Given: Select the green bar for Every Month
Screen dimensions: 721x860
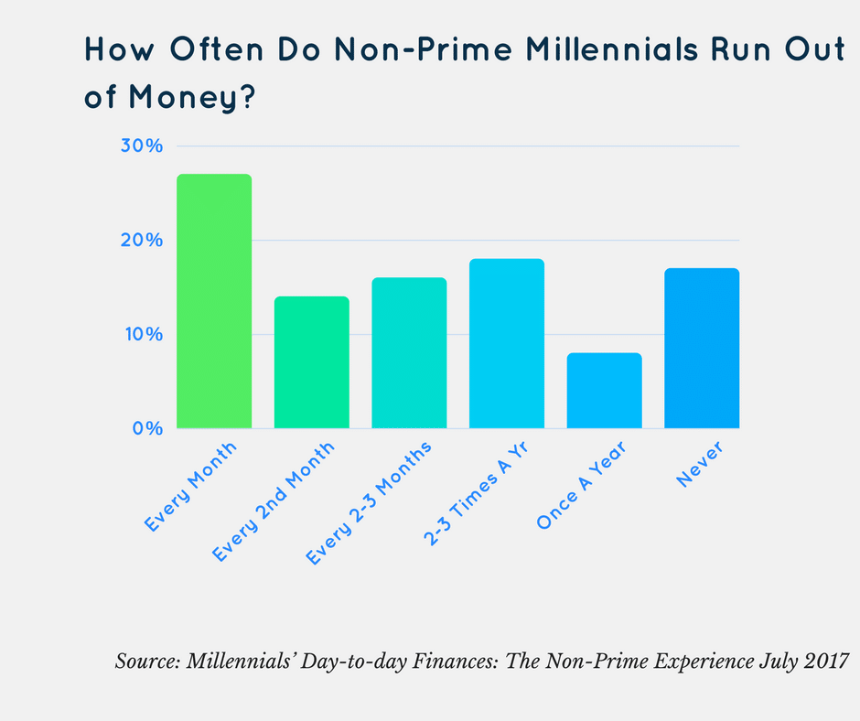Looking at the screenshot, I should click(213, 301).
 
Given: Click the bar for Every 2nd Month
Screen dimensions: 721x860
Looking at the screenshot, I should click(311, 362).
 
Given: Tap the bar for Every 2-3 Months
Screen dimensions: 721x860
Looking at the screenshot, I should click(409, 353).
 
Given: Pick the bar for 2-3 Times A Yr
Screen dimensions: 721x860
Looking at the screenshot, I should click(506, 343).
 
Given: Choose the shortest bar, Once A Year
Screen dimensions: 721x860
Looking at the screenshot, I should click(604, 391).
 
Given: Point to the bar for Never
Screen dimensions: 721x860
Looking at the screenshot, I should click(702, 348).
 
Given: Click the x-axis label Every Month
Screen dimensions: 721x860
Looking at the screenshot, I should click(191, 487).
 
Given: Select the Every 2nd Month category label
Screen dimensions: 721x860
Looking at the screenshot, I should click(274, 501).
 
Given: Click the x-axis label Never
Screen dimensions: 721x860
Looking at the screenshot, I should click(701, 464).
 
